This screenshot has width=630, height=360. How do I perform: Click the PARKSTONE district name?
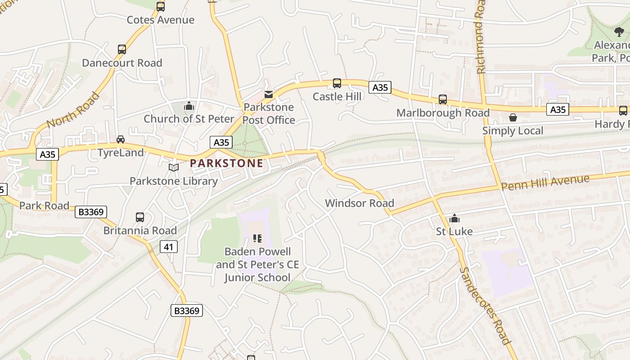coord(226,163)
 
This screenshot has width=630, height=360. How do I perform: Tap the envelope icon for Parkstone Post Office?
coord(269,94)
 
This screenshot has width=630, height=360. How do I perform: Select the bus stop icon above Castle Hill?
coord(337,83)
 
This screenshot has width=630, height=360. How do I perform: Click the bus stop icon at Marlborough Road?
coord(443,99)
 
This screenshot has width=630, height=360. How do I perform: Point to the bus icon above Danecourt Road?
coord(122,49)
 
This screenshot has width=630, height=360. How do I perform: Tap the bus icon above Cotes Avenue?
coord(161,7)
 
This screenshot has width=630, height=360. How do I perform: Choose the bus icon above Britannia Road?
coord(140,217)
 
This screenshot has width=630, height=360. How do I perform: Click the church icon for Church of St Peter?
coord(189,106)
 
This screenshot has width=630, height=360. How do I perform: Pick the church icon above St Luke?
coord(454,219)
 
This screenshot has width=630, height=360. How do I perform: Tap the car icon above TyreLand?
coord(121,139)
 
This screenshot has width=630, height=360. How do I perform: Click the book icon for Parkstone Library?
coord(174,168)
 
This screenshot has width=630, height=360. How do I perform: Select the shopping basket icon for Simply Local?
coord(513,118)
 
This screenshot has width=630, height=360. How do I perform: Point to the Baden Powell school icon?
coord(257,238)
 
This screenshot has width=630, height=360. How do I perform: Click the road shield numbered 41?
coord(168,247)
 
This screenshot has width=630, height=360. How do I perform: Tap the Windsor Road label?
coord(360,203)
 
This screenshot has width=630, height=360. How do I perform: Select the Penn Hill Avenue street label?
coord(545,182)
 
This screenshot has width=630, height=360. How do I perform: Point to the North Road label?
coord(72,110)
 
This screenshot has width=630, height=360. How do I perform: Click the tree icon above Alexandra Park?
coord(619,31)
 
